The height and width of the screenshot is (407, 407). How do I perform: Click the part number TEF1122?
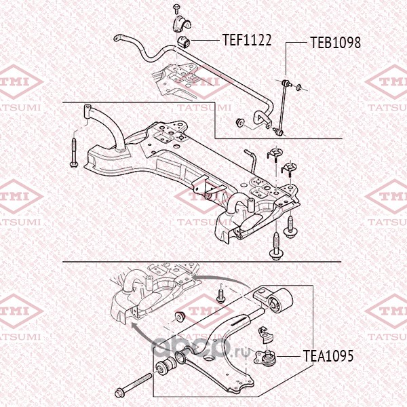[247, 40]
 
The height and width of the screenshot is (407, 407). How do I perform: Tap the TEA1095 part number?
[328, 355]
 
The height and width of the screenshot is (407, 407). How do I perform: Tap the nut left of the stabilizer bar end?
[240, 122]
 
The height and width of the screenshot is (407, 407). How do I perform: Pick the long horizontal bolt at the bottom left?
[136, 385]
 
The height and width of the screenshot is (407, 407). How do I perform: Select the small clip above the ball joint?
[265, 333]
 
